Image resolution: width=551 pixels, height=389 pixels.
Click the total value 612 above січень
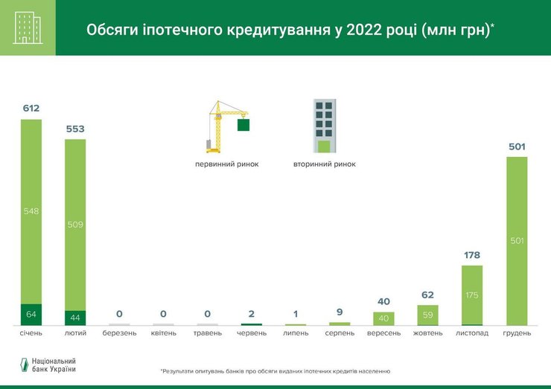pyautogui.click(x=31, y=108)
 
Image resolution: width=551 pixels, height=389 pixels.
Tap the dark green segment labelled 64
pyautogui.click(x=31, y=315)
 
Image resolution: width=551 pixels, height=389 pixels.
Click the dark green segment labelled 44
pyautogui.click(x=75, y=318)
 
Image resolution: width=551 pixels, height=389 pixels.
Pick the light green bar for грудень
pyautogui.click(x=517, y=240)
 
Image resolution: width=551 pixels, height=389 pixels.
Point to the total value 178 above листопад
pyautogui.click(x=472, y=255)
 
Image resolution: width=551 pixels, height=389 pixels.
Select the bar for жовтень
pyautogui.click(x=428, y=315)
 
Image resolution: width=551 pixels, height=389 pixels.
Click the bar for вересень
pyautogui.click(x=383, y=318)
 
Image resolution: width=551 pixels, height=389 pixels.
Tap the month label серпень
pyautogui.click(x=340, y=332)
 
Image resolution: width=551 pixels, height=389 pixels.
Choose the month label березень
pyautogui.click(x=119, y=332)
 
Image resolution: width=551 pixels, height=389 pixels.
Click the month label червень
pyautogui.click(x=252, y=332)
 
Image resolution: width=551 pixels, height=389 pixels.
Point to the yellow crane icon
pyautogui.click(x=223, y=126)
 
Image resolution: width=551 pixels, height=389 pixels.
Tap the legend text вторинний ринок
pyautogui.click(x=325, y=164)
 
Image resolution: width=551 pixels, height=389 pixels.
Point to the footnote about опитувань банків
pyautogui.click(x=275, y=370)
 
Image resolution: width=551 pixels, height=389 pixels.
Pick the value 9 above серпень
pyautogui.click(x=340, y=312)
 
